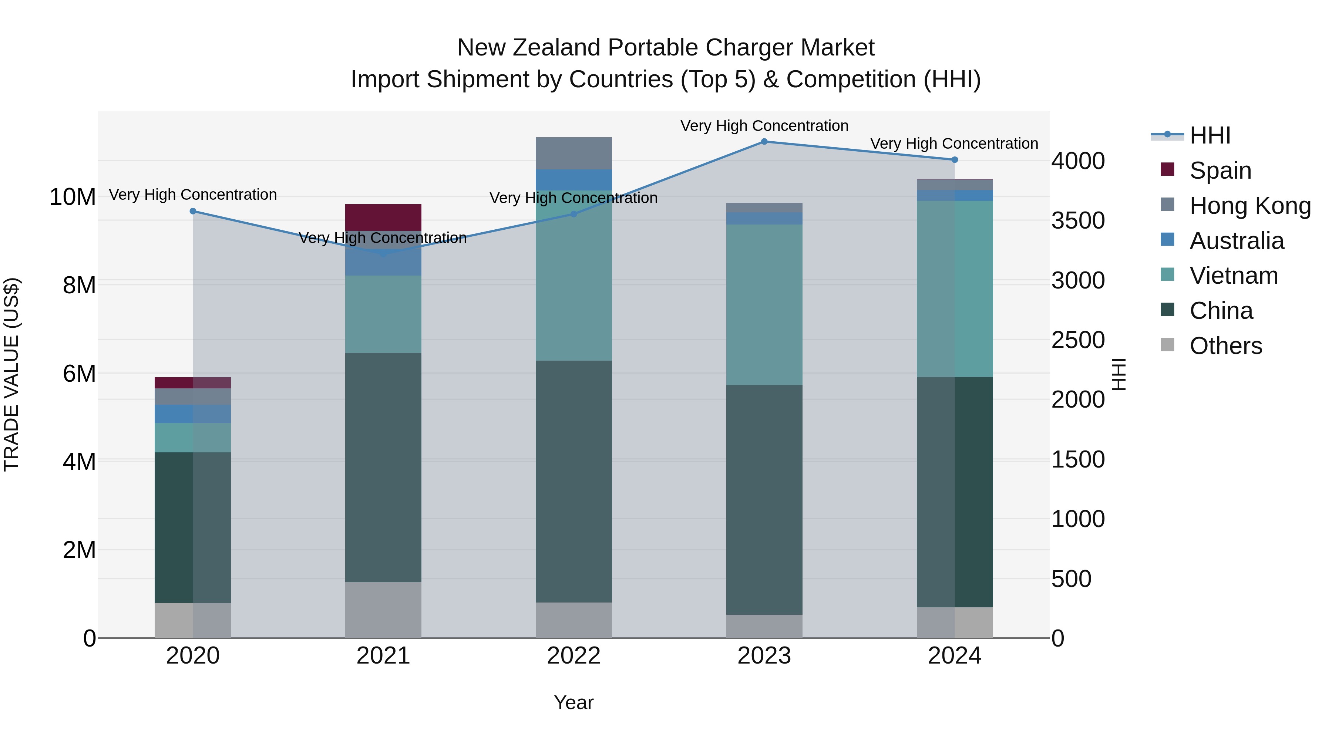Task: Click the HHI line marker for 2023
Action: pos(764,142)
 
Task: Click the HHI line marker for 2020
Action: pos(193,211)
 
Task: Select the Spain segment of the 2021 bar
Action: pos(383,217)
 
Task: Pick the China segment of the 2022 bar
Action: pos(573,481)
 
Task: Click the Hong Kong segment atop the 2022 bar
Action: pos(573,153)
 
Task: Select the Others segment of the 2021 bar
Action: pos(383,610)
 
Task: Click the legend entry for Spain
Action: pos(1220,171)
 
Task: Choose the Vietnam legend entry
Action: pos(1233,276)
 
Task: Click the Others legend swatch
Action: pos(1168,345)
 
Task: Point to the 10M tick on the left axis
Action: pos(73,197)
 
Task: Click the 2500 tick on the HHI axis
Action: pos(1078,340)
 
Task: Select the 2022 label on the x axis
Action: pos(573,656)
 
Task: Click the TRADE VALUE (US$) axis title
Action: pos(11,374)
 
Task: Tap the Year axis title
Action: pos(573,702)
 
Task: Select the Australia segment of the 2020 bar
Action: pos(193,414)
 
